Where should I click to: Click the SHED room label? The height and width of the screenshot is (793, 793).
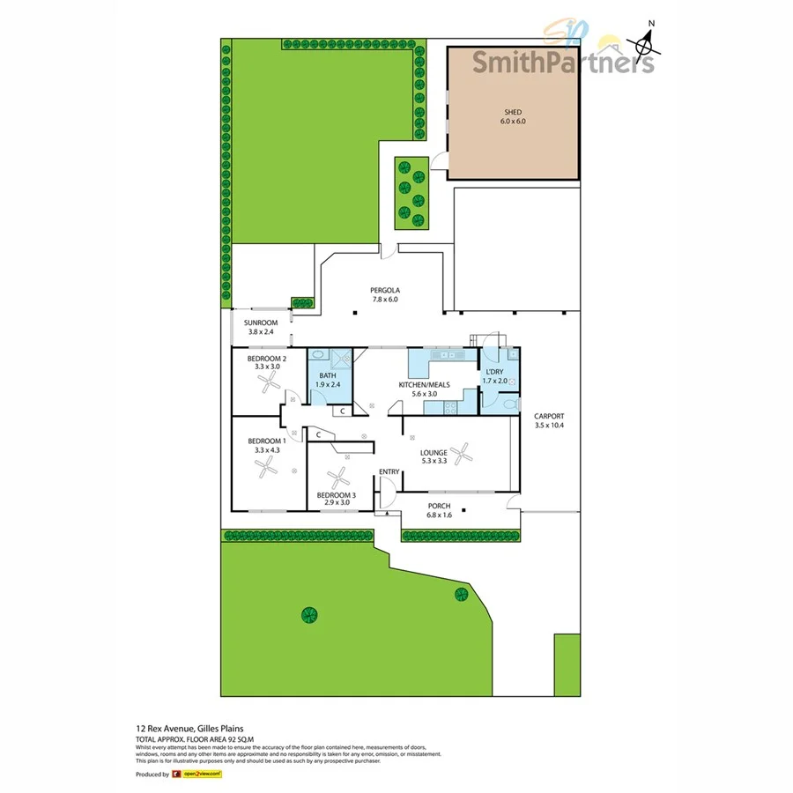coord(514,112)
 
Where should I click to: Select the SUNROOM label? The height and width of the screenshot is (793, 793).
coord(262,322)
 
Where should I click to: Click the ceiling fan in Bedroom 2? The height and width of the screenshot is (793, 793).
coord(269,382)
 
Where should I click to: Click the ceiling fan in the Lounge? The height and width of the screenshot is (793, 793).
coord(463,455)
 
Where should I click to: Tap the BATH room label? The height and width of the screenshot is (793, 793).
coord(328,375)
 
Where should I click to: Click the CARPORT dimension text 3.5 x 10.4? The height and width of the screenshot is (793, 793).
coord(549,426)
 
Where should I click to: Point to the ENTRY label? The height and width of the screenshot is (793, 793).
coord(389,472)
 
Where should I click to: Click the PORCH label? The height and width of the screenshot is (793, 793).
coord(439,506)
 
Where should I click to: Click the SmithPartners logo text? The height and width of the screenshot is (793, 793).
coord(563,61)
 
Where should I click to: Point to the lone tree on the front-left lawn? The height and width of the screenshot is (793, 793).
coord(308,614)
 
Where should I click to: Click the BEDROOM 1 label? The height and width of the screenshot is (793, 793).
coord(266,441)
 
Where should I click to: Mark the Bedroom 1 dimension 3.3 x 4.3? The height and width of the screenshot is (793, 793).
coord(267,450)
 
